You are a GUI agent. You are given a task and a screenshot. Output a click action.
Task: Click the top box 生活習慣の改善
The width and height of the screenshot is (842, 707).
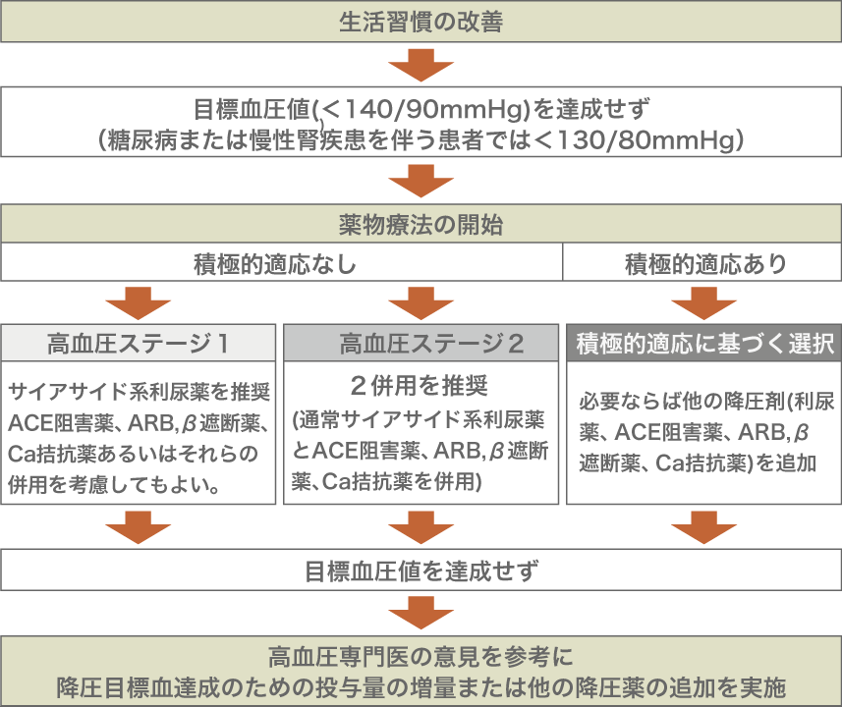tap(421, 22)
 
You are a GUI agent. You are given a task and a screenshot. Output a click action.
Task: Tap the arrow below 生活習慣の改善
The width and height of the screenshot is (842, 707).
tap(421, 68)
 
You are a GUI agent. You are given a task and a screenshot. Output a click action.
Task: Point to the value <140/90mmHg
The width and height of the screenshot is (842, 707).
tap(420, 108)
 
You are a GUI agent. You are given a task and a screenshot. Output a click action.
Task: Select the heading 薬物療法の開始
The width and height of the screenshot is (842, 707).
tap(421, 224)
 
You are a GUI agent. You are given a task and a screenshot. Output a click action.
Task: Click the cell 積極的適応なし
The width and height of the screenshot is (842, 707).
tap(280, 264)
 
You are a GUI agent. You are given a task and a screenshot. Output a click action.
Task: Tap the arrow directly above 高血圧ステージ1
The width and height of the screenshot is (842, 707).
tap(139, 302)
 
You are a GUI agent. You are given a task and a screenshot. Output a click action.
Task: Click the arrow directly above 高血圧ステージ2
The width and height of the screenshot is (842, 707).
tap(421, 302)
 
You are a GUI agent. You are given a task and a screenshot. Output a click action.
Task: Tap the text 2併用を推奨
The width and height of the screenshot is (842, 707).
tap(420, 383)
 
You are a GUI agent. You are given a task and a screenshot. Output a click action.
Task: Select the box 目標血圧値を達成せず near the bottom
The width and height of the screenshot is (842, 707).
tap(421, 570)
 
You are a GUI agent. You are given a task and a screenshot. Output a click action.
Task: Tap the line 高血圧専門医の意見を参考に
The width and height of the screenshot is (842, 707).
tap(421, 655)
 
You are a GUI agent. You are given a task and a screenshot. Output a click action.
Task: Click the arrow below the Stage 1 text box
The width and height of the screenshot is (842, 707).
tap(139, 527)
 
